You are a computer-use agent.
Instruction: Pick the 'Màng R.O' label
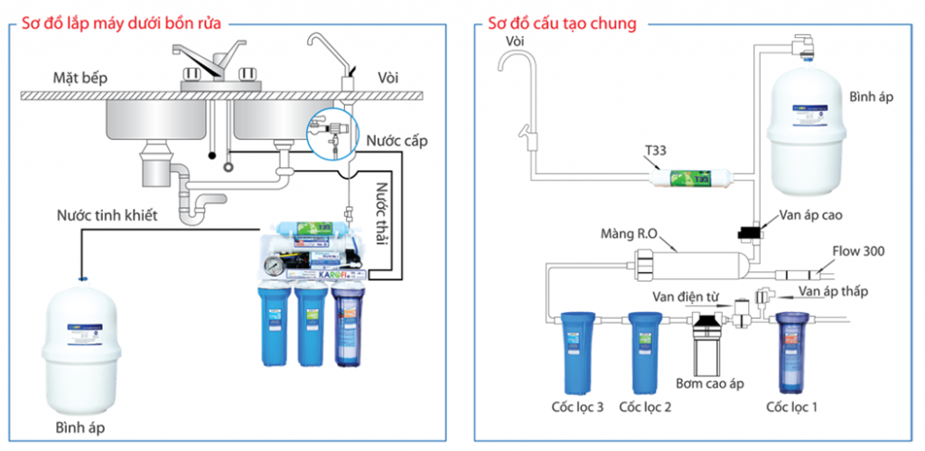633,234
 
